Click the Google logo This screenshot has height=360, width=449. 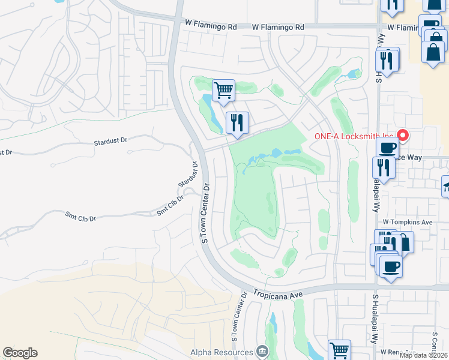tap(20, 353)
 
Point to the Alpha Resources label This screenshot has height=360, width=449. tap(221, 352)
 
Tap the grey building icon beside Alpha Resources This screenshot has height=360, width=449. tap(262, 352)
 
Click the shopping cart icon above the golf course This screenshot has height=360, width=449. tap(223, 91)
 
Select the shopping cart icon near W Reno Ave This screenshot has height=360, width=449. tap(339, 350)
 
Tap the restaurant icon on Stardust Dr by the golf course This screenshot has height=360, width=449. tap(237, 123)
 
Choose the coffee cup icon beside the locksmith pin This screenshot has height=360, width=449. tap(387, 147)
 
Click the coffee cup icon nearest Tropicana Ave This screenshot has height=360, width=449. tap(391, 266)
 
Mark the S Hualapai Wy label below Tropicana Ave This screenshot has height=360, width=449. tap(375, 318)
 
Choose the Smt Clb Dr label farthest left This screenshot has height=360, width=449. tap(80, 217)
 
